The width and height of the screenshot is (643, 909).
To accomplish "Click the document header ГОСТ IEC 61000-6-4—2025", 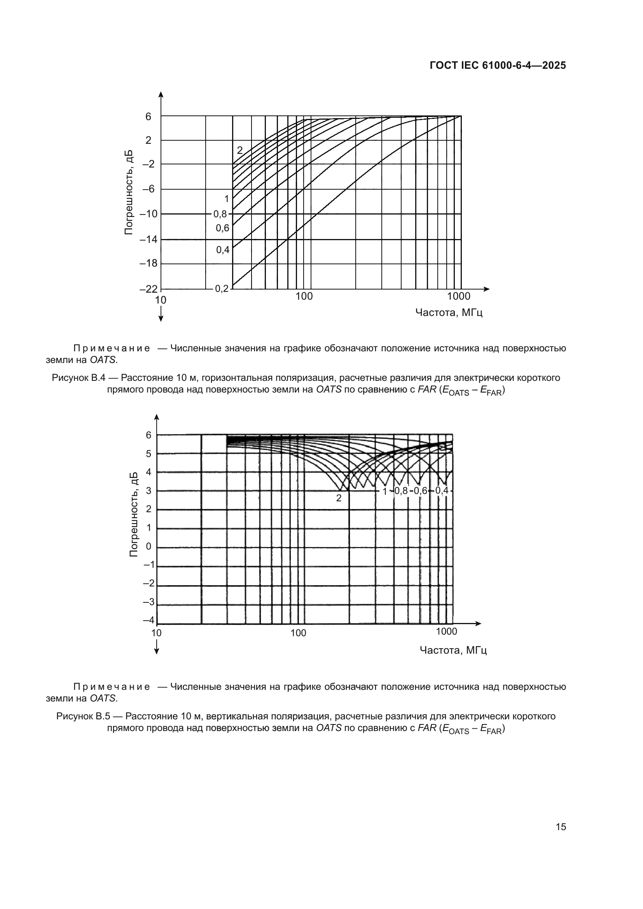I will coord(497,66).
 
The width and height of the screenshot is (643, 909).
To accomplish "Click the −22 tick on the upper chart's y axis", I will coord(149,289).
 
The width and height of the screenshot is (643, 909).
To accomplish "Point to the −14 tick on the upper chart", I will coord(149,239).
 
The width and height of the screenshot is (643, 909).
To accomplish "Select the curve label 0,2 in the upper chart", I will coord(222,289).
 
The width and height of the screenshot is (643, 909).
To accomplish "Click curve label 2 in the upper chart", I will coord(239,150).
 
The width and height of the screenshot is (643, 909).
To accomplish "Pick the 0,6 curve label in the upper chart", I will coord(222,228).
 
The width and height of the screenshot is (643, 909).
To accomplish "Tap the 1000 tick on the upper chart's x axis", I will coord(458,297).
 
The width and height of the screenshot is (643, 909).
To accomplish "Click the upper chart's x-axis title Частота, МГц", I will coord(449,313).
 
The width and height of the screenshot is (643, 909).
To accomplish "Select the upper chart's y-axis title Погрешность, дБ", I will coord(129,193).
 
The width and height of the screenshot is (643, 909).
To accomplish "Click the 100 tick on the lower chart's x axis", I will coord(298,633).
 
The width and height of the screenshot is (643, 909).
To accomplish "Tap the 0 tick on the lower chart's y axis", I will coord(149,546).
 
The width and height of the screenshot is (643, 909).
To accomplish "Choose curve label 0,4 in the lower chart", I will coord(442,490).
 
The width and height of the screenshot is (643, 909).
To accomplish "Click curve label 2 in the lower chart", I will coord(339,499).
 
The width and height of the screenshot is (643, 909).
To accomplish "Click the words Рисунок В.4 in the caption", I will coord(78,378).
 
